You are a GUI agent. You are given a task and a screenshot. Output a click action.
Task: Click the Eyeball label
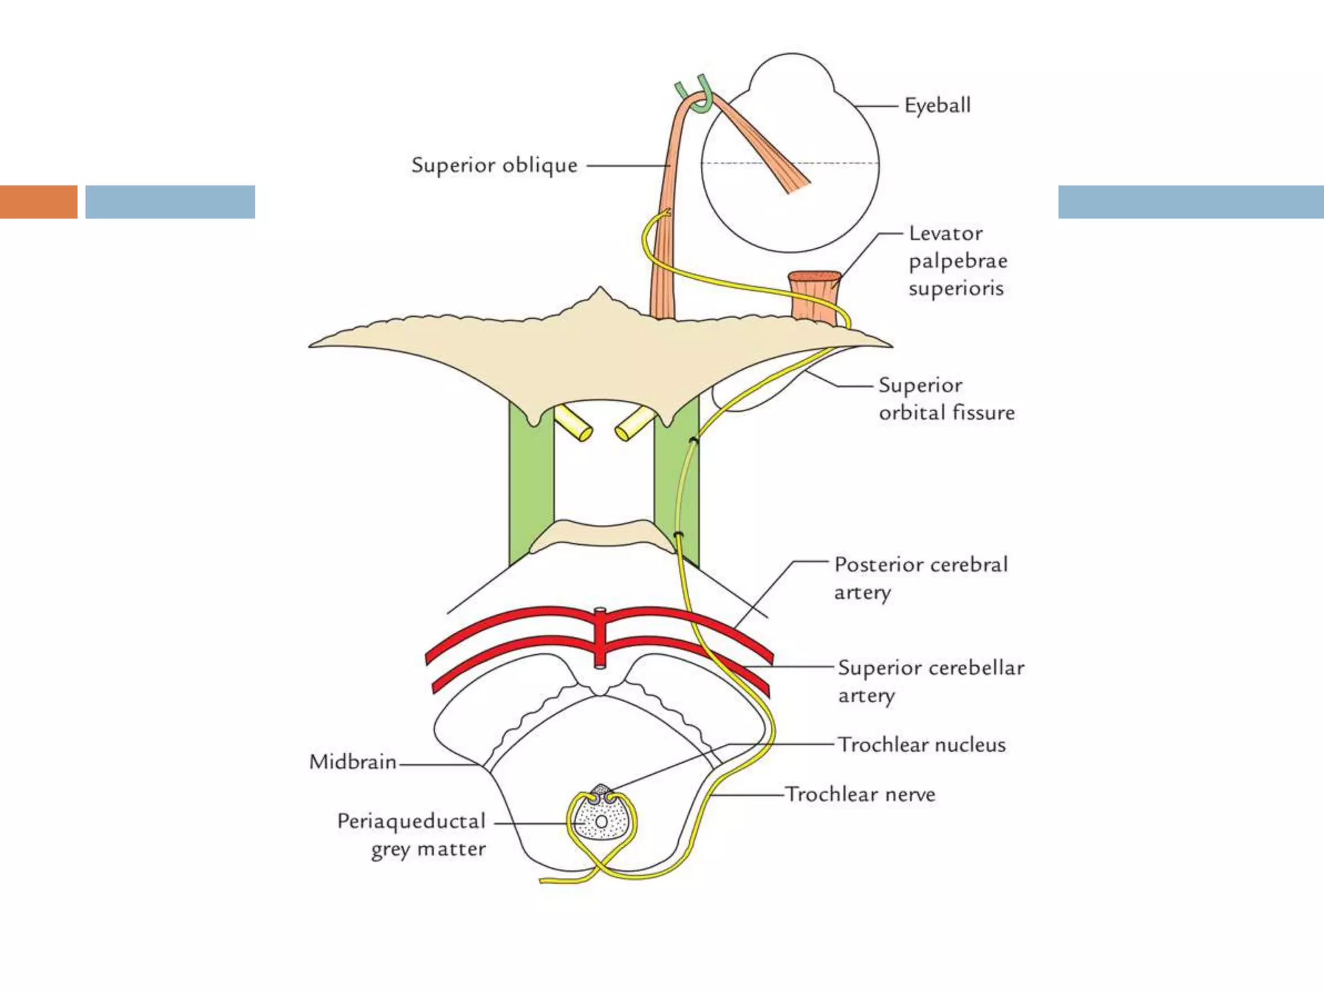click(x=937, y=105)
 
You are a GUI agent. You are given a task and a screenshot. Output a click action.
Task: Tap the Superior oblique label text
click(x=494, y=165)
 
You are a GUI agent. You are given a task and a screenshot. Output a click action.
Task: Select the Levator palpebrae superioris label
click(x=957, y=261)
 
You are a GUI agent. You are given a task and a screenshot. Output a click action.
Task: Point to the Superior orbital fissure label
click(x=946, y=399)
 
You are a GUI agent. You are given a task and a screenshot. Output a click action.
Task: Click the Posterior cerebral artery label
click(x=920, y=577)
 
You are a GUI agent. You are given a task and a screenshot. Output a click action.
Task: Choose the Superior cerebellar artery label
click(x=930, y=680)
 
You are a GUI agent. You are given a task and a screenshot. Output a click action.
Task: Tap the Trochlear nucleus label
click(x=921, y=745)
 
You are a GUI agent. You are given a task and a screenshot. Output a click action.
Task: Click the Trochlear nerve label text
click(x=860, y=794)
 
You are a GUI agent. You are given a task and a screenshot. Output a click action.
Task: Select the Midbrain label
click(x=353, y=762)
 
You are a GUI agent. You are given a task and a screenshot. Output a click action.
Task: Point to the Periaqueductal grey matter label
click(x=412, y=834)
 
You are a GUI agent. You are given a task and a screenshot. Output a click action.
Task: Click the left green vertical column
click(x=531, y=485)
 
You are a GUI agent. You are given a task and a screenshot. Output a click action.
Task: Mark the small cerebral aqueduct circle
click(x=601, y=822)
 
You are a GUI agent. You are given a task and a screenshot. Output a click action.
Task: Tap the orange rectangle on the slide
click(x=38, y=202)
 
